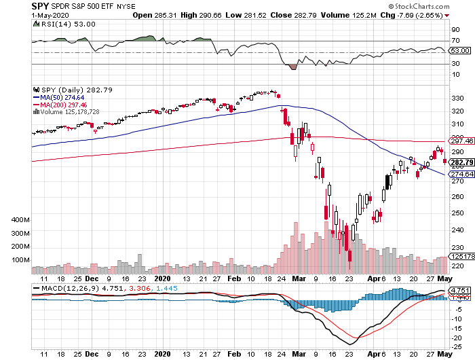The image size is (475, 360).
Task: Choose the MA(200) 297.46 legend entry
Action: tap(64, 105)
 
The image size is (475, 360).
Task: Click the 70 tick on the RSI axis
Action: tap(456, 41)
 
